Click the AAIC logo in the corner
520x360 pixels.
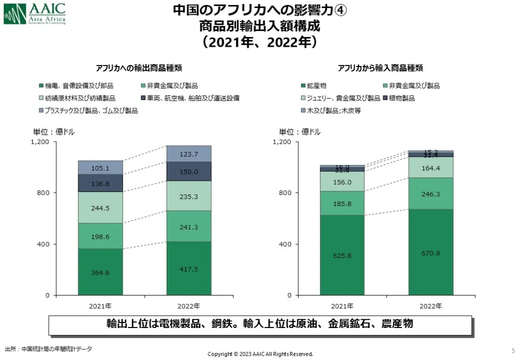(x=35, y=14)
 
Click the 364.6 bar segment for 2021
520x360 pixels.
(x=100, y=272)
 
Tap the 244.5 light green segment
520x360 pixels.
(x=100, y=207)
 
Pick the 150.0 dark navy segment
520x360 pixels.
(x=189, y=172)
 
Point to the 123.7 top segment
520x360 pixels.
(x=189, y=154)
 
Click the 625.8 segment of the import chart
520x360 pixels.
(x=342, y=255)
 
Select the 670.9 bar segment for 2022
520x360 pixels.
(x=431, y=252)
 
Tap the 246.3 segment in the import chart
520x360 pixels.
(x=431, y=193)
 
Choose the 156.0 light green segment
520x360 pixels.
(x=342, y=181)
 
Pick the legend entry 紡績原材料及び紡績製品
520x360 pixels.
(x=77, y=98)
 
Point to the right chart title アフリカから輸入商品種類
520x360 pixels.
(x=380, y=68)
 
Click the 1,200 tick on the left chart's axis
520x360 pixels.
(x=40, y=142)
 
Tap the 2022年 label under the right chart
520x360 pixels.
(x=431, y=306)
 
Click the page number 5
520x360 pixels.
(x=513, y=350)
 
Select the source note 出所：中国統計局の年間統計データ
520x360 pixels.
(x=49, y=349)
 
